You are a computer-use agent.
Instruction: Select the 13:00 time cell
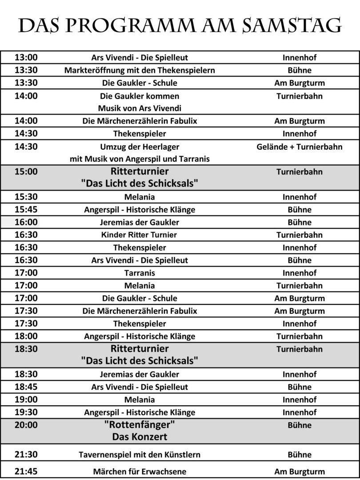coord(26,57)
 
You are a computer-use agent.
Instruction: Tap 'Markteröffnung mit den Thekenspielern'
coord(140,70)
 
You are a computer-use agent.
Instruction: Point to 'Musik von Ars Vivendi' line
coord(140,108)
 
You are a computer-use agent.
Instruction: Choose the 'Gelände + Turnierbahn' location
coord(300,146)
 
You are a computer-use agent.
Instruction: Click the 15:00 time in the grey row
coord(26,172)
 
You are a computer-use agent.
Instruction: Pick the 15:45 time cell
coord(26,209)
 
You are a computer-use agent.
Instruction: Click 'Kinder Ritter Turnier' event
coord(140,235)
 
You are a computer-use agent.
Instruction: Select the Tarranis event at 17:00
coord(140,273)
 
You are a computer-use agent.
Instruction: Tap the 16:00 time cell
coord(26,222)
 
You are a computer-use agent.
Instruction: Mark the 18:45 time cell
coord(26,387)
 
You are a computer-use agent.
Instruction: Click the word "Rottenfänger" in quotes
coord(140,425)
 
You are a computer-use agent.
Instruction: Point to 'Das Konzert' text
coord(140,437)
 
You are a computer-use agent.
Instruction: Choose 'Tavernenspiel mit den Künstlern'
coord(140,455)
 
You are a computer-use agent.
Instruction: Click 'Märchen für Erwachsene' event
coord(140,472)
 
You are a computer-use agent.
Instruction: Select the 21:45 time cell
coord(26,472)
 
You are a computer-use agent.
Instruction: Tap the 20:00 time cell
coord(26,425)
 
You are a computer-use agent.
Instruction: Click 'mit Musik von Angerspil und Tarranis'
coord(140,159)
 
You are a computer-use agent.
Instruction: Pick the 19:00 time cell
coord(26,400)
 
